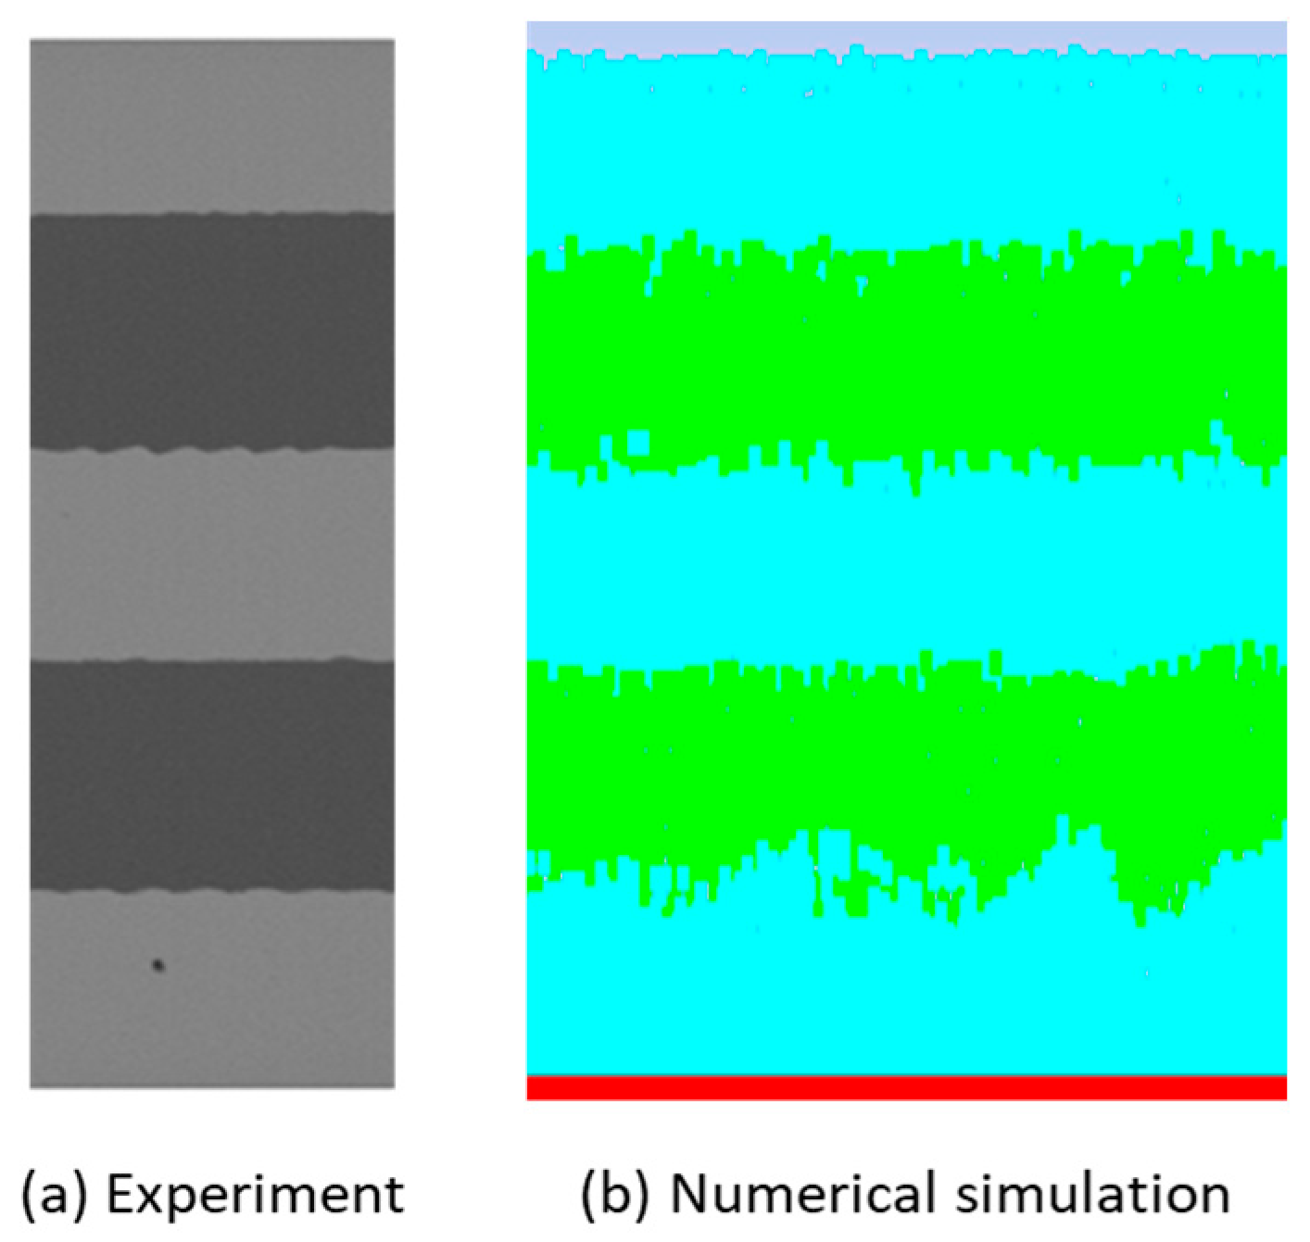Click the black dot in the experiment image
pyautogui.click(x=158, y=965)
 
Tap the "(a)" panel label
pyautogui.click(x=54, y=1194)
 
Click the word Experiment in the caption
pyautogui.click(x=255, y=1195)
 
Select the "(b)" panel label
pyautogui.click(x=613, y=1194)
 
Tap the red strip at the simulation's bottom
pyautogui.click(x=906, y=1088)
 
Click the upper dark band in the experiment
pyautogui.click(x=212, y=332)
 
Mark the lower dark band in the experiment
pyautogui.click(x=212, y=776)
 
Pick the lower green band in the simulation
pyautogui.click(x=906, y=759)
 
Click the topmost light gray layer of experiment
pyautogui.click(x=212, y=125)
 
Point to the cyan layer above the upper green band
pyautogui.click(x=906, y=148)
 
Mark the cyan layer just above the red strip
pyautogui.click(x=906, y=1000)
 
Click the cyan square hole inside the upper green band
pyautogui.click(x=637, y=443)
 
